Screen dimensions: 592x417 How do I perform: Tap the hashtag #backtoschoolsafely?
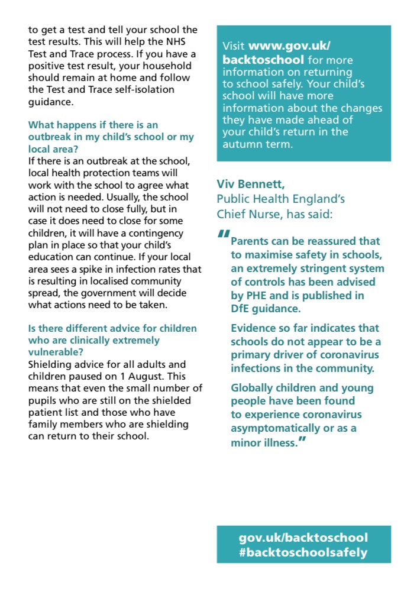303,553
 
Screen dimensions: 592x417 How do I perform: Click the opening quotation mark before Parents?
223,234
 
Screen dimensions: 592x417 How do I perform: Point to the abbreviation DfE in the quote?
241,308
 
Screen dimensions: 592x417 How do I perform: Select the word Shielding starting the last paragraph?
52,364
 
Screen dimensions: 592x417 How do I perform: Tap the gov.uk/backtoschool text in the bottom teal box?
303,538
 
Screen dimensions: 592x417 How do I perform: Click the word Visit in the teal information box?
234,46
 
